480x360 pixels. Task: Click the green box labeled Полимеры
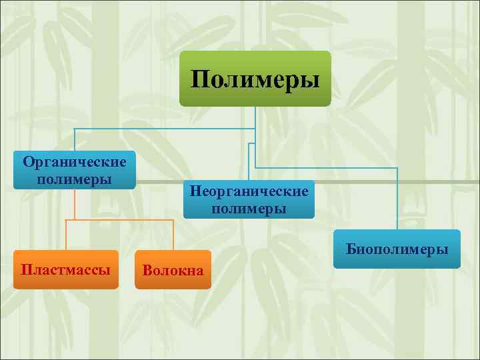click(255, 79)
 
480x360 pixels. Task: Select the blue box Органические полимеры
click(75, 170)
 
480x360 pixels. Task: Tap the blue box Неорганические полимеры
click(249, 199)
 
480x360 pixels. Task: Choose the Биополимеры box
click(397, 249)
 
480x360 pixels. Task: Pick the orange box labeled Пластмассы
click(65, 269)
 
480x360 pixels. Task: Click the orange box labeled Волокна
click(173, 269)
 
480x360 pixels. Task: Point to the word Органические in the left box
click(75, 162)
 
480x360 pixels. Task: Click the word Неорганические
click(249, 191)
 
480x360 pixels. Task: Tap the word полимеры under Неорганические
click(249, 209)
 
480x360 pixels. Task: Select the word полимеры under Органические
click(75, 179)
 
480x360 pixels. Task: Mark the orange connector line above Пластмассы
click(66, 235)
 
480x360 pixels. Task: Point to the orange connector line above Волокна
click(173, 235)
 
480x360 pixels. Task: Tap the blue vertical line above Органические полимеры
click(75, 139)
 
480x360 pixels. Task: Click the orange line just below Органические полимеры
click(75, 203)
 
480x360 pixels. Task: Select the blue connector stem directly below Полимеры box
click(255, 117)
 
